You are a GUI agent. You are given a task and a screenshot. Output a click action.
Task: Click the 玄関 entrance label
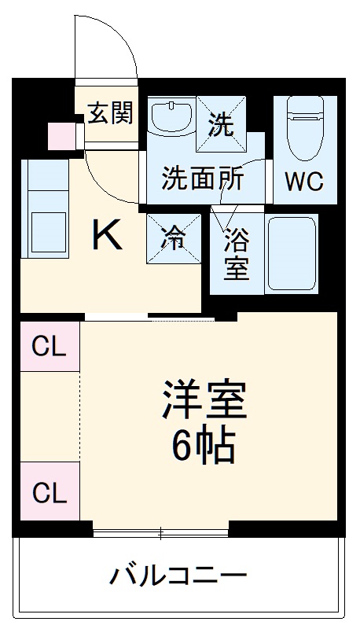pyautogui.click(x=109, y=113)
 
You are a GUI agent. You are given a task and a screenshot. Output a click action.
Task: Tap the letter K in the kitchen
pyautogui.click(x=108, y=235)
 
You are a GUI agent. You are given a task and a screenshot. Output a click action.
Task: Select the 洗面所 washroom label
pyautogui.click(x=202, y=179)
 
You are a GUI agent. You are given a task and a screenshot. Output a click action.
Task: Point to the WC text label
pyautogui.click(x=303, y=182)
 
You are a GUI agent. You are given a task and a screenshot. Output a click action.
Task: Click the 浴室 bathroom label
pyautogui.click(x=236, y=253)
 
